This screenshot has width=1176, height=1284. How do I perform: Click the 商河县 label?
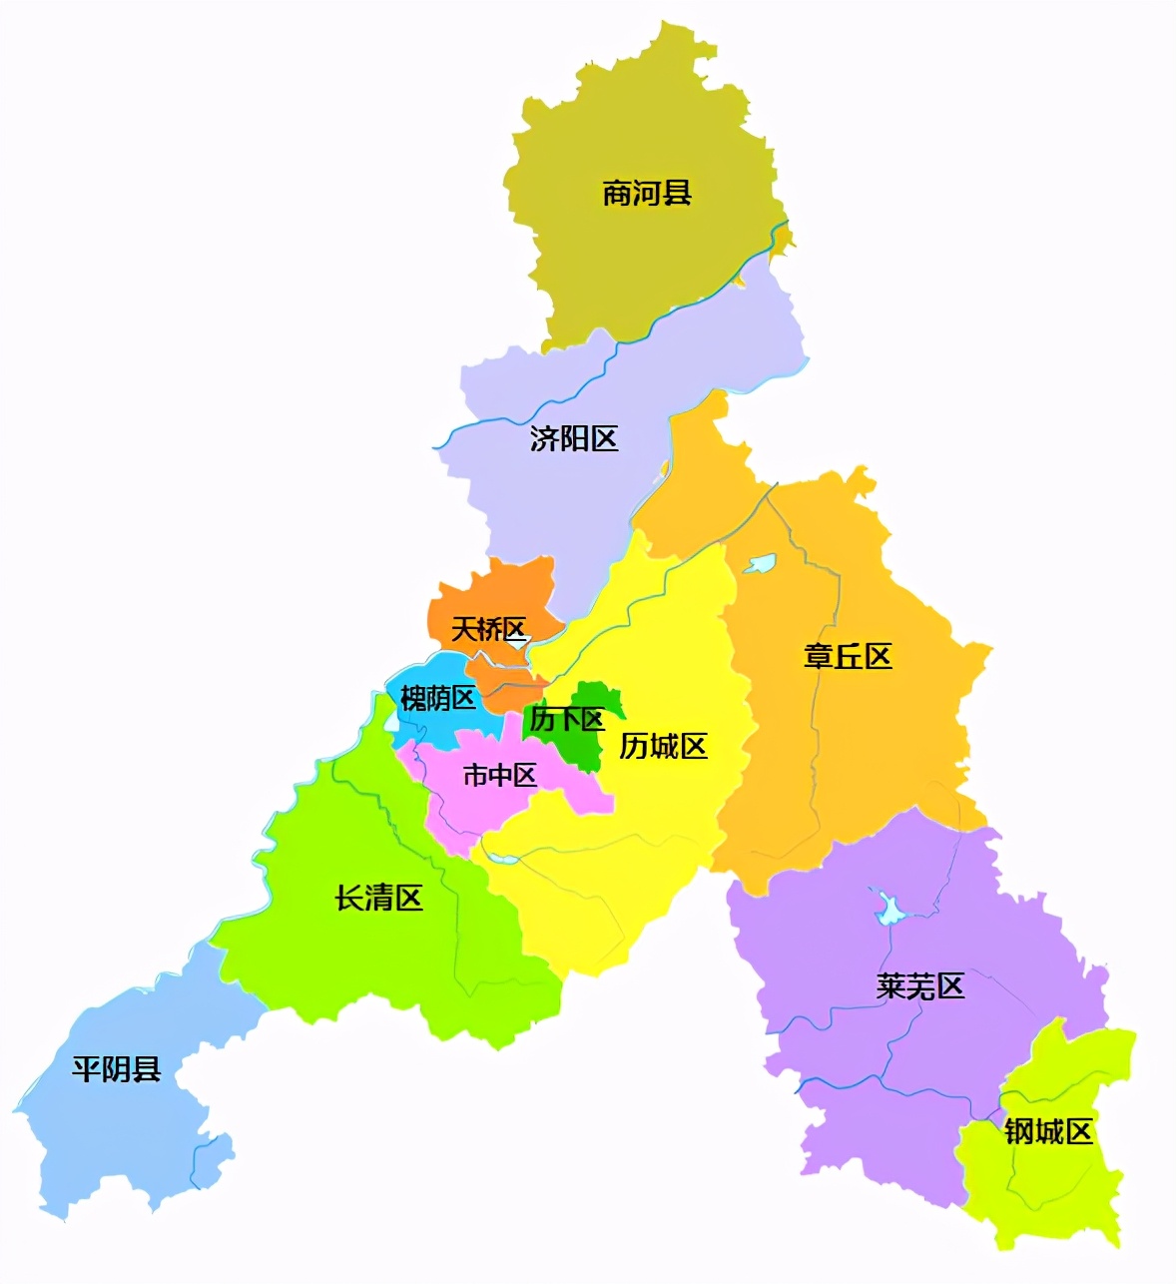coord(647,193)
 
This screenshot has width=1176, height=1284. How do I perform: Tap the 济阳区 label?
coord(574,438)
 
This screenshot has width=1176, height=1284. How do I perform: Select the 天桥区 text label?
coord(488,629)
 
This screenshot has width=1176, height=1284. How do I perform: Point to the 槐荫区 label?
coord(437,698)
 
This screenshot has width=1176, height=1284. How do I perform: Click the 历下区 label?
coord(566,720)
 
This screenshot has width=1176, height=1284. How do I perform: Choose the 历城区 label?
coord(663,746)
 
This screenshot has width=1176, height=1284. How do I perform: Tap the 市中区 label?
coord(499,775)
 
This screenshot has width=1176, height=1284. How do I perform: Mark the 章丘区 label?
coord(848,656)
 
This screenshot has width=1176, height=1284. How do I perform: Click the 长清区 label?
coord(378,898)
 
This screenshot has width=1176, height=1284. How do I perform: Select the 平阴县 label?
coord(117,1069)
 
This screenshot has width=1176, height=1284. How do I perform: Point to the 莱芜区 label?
coord(920,986)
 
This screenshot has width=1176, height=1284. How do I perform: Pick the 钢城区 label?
coord(1048,1131)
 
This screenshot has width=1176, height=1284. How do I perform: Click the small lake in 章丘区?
coord(759,564)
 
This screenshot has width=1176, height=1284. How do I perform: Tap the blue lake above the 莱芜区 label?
coord(887,909)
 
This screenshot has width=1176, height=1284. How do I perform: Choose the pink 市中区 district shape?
coord(459,809)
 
